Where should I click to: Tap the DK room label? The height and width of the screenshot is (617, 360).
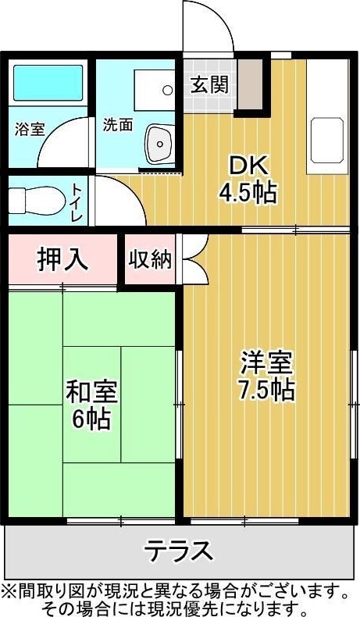click(x=248, y=166)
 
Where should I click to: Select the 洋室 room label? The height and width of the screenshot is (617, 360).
click(x=266, y=362)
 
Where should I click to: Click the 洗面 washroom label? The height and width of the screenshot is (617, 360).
click(x=118, y=125)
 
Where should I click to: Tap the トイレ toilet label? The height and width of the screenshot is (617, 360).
click(x=79, y=200)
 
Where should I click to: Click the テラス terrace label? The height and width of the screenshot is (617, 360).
click(x=178, y=551)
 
